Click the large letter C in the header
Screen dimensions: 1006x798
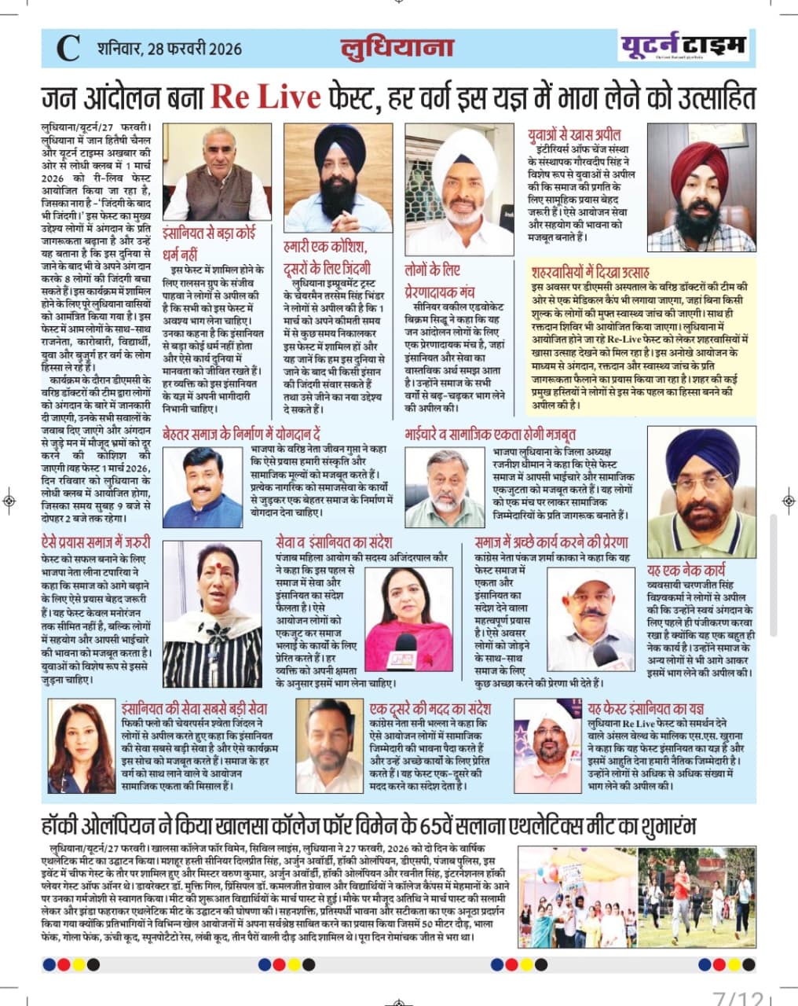[68, 49]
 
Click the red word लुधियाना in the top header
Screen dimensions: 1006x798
[397, 47]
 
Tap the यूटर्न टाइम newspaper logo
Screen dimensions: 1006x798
[683, 46]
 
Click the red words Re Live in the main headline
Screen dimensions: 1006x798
[265, 97]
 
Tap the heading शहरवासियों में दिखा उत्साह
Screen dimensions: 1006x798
[590, 273]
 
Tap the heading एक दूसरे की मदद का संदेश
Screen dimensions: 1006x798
[430, 708]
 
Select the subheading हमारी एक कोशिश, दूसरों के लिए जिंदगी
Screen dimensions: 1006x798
[326, 257]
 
